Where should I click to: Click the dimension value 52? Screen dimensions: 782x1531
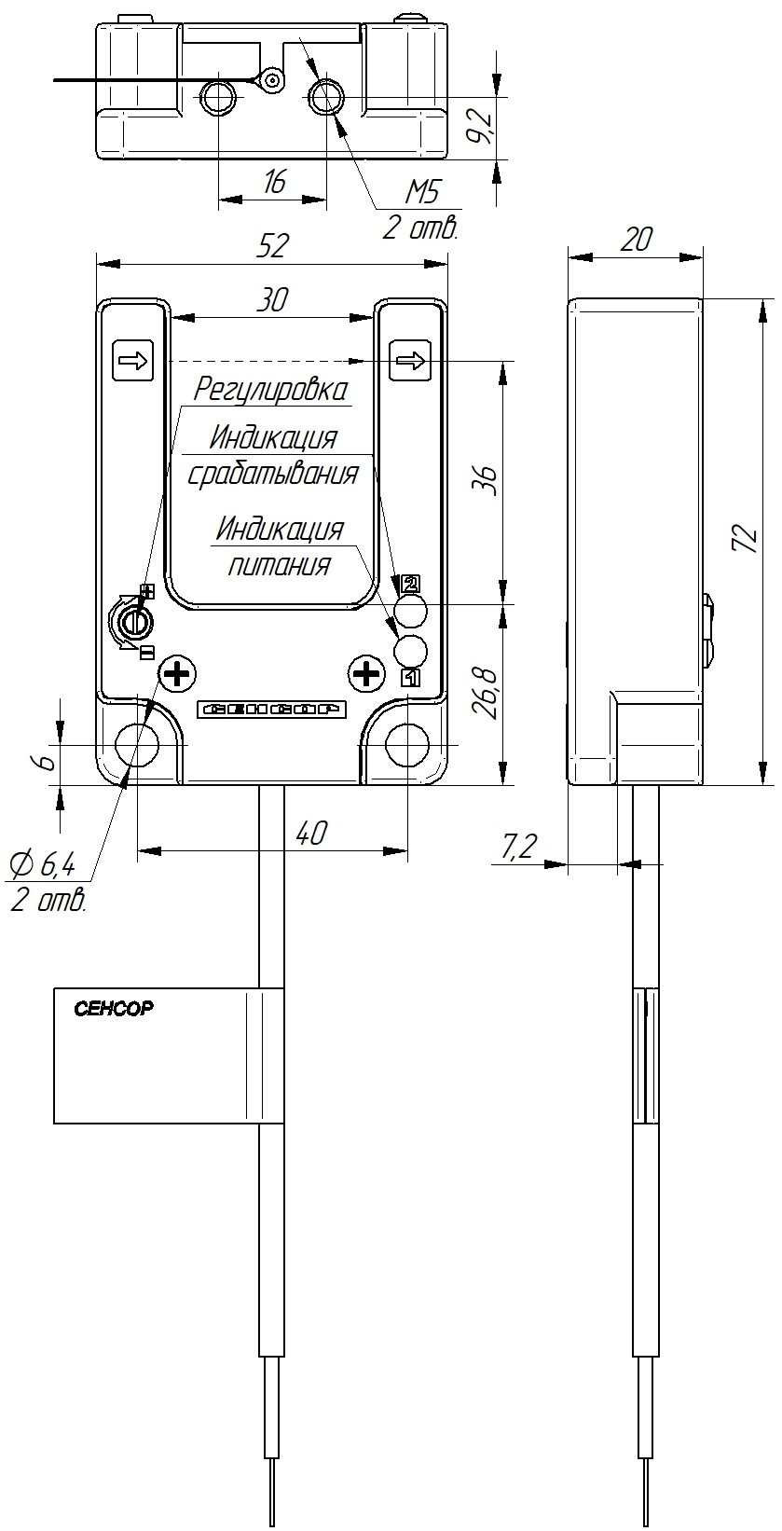(x=272, y=246)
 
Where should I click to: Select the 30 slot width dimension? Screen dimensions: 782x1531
(x=272, y=299)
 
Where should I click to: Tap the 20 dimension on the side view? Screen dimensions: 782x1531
(x=636, y=240)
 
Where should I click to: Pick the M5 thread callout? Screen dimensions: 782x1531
(x=421, y=193)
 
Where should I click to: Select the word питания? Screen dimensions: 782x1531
(x=280, y=565)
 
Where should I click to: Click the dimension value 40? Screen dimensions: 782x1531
(x=311, y=834)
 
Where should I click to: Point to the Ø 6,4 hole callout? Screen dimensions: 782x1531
(x=42, y=865)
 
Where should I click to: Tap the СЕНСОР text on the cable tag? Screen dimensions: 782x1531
(x=113, y=1008)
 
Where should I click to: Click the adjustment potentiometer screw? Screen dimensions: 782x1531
(x=135, y=622)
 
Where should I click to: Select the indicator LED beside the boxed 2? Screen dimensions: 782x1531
(x=410, y=611)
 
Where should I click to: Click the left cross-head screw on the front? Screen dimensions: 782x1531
(x=177, y=675)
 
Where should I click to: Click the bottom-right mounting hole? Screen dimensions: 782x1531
(x=407, y=744)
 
